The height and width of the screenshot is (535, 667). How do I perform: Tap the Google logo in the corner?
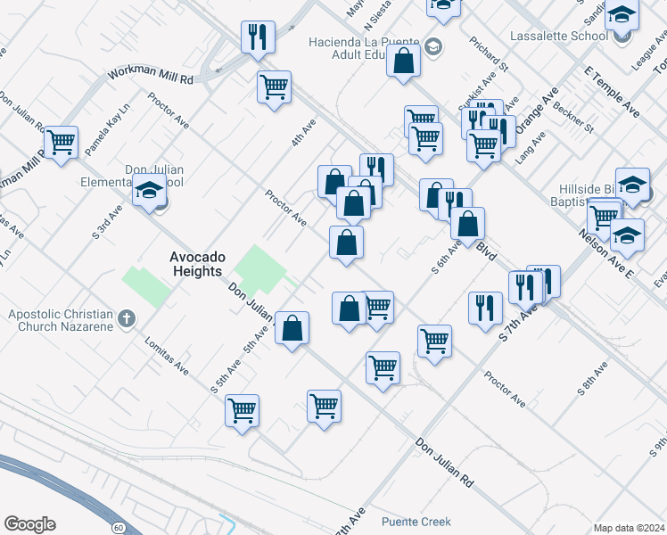coord(29,524)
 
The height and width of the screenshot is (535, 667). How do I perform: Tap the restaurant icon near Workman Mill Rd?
coord(257,37)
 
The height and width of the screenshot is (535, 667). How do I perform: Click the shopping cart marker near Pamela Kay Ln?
coord(61,142)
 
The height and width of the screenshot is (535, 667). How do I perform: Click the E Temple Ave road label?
coord(613,91)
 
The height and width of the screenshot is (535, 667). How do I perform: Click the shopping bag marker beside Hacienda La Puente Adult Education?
coord(404,62)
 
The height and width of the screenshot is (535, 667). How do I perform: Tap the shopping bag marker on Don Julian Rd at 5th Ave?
coord(292,328)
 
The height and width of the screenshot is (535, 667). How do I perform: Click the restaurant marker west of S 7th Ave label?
coord(485,309)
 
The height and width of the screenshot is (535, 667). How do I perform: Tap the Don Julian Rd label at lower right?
coord(444,460)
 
